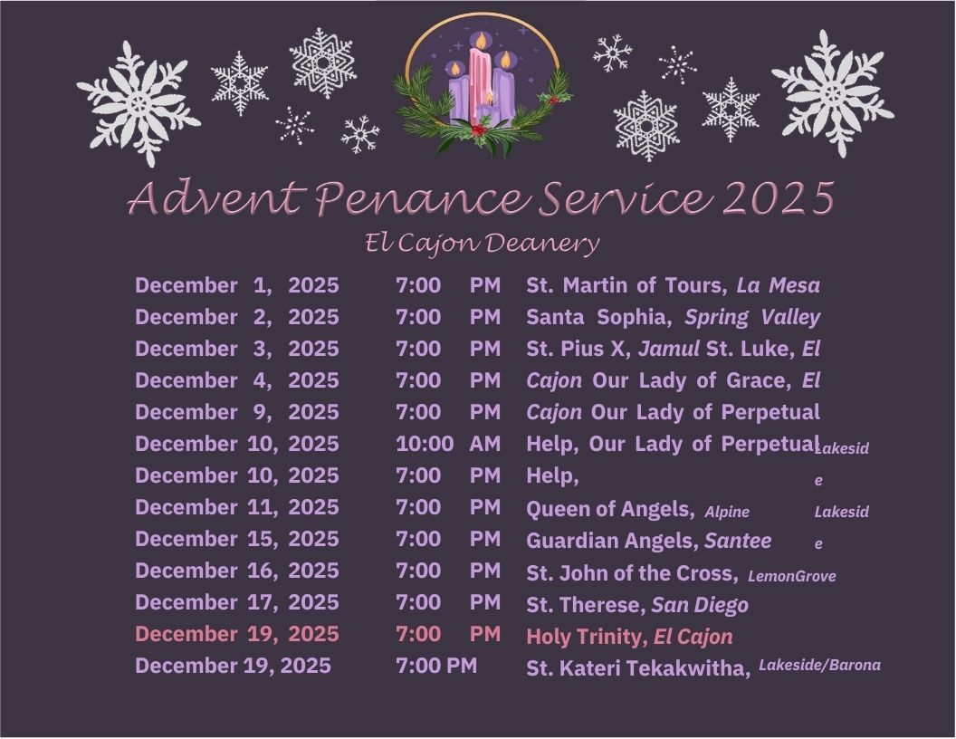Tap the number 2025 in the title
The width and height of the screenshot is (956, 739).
pos(779,197)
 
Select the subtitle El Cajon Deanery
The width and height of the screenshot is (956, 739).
pos(483,244)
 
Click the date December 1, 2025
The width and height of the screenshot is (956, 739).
pos(236,285)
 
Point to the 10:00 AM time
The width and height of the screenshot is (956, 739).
pos(448,444)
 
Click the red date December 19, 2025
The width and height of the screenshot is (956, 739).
pos(236,634)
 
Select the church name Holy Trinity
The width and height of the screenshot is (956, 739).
pos(584,637)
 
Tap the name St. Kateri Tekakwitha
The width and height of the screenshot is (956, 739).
pos(637,668)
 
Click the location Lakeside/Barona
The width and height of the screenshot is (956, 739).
pos(819,665)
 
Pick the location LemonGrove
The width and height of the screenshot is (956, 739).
pos(791,576)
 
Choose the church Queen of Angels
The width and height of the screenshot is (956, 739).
pos(610,509)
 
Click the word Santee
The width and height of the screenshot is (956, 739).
pos(738,541)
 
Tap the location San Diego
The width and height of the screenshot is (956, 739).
pos(700,605)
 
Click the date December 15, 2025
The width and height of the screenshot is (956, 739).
pos(236,539)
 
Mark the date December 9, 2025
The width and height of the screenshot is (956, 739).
pos(236,412)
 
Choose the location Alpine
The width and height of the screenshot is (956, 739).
pos(727,512)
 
